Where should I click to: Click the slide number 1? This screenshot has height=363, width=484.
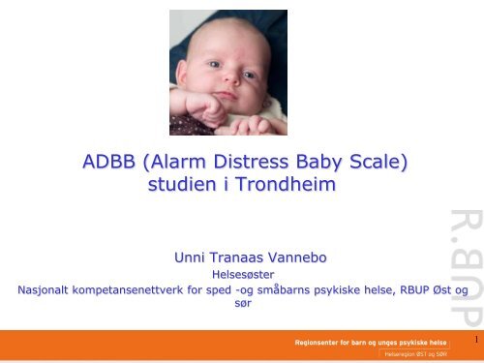[476, 340]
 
